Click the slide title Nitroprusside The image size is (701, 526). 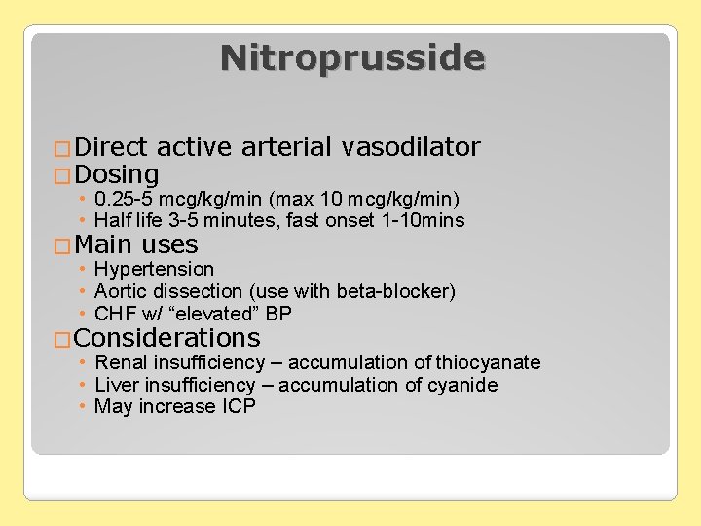click(x=351, y=58)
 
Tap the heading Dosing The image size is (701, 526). click(x=116, y=175)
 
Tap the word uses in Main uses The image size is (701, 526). click(x=169, y=244)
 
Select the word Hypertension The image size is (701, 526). click(x=154, y=269)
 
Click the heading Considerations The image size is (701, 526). click(x=166, y=338)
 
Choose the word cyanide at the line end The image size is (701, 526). click(x=462, y=385)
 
